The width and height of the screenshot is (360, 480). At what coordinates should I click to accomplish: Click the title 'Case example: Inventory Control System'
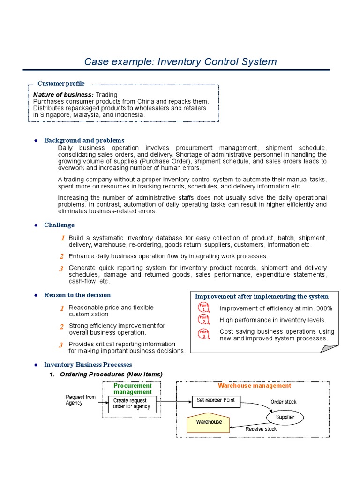tap(180, 62)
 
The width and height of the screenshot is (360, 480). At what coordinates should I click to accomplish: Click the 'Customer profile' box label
tap(61, 84)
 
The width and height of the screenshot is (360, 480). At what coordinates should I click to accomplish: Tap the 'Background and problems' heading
tap(84, 140)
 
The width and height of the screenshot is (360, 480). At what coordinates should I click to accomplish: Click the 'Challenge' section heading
tap(59, 225)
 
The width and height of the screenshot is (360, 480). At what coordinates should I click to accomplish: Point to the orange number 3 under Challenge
tap(61, 269)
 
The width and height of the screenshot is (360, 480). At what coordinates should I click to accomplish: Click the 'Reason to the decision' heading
tap(77, 295)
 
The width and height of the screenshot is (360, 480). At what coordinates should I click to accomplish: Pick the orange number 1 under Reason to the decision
tap(62, 308)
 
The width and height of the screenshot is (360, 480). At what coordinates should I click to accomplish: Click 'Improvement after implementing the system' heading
tap(262, 296)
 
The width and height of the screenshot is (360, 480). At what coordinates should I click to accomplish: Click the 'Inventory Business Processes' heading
tap(88, 364)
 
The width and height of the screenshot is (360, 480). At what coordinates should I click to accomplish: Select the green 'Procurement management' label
tap(133, 389)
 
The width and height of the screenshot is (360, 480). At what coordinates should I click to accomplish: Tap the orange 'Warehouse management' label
tap(255, 386)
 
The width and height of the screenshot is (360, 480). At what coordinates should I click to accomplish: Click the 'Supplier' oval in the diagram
tap(285, 417)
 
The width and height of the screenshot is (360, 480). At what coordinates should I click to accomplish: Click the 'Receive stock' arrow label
tap(261, 429)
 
